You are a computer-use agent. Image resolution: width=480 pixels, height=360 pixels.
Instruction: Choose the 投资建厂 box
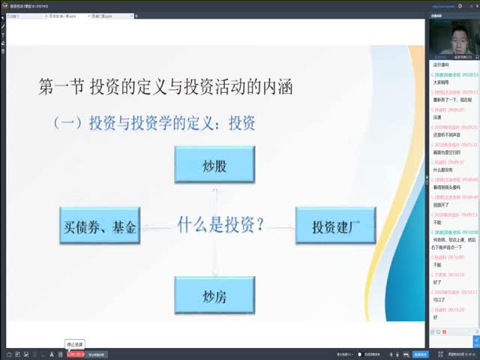(x=334, y=226)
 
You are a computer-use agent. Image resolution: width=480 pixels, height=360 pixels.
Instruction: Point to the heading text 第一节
(x=59, y=88)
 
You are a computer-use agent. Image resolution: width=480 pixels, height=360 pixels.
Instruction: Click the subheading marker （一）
(x=68, y=122)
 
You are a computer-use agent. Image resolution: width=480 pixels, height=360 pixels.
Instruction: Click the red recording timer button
(x=76, y=354)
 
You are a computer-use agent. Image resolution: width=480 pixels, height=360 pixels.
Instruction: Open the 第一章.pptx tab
(x=63, y=15)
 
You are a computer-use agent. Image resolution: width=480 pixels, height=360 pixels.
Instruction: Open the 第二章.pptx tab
(x=100, y=15)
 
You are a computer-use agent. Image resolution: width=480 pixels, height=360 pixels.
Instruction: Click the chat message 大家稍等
(x=441, y=83)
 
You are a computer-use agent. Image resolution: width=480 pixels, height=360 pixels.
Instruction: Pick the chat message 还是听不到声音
(x=446, y=135)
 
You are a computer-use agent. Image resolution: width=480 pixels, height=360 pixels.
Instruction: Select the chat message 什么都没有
(x=442, y=169)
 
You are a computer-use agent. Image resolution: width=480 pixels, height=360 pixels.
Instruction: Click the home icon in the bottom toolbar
(x=8, y=354)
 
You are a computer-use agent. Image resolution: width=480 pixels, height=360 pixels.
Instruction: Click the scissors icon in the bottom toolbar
(x=50, y=354)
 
